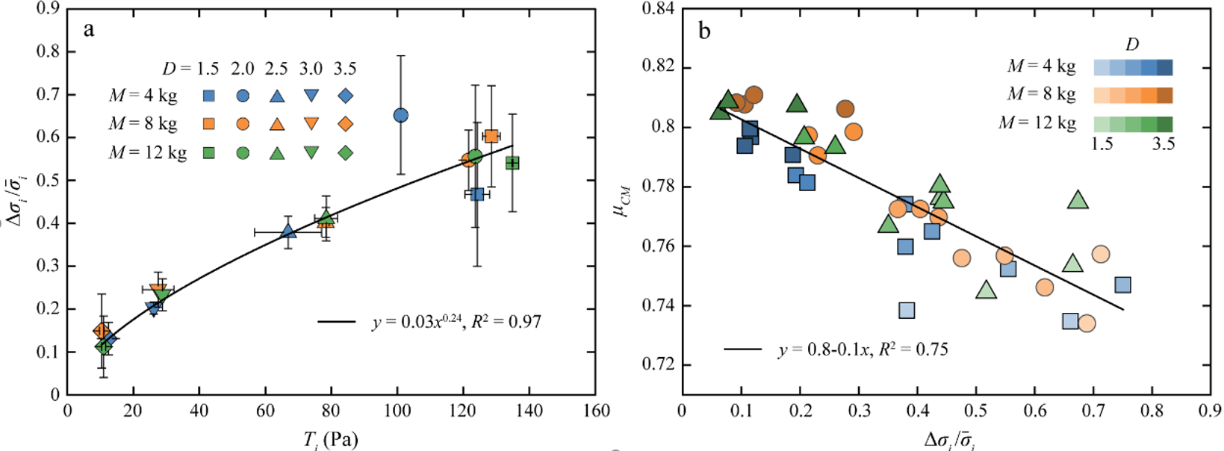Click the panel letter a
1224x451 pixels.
pyautogui.click(x=89, y=30)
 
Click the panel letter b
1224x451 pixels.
pyautogui.click(x=703, y=31)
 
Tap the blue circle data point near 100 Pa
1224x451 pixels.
pyautogui.click(x=400, y=115)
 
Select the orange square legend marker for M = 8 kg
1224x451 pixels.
pyautogui.click(x=210, y=124)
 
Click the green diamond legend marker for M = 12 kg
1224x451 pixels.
pyautogui.click(x=345, y=153)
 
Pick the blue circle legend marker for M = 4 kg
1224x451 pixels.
pyautogui.click(x=243, y=96)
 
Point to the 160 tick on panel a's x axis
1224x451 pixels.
pyautogui.click(x=595, y=411)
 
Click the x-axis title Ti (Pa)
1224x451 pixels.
pyautogui.click(x=330, y=440)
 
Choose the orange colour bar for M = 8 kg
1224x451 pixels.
pyautogui.click(x=1133, y=96)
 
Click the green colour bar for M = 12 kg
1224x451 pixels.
pyautogui.click(x=1133, y=124)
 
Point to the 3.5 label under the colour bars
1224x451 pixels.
pyautogui.click(x=1163, y=144)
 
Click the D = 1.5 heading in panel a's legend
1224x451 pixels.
pyautogui.click(x=190, y=69)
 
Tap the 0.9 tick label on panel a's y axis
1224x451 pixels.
pyautogui.click(x=48, y=9)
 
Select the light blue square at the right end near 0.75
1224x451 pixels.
pyautogui.click(x=1122, y=284)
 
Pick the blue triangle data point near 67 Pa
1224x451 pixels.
pyautogui.click(x=289, y=231)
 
